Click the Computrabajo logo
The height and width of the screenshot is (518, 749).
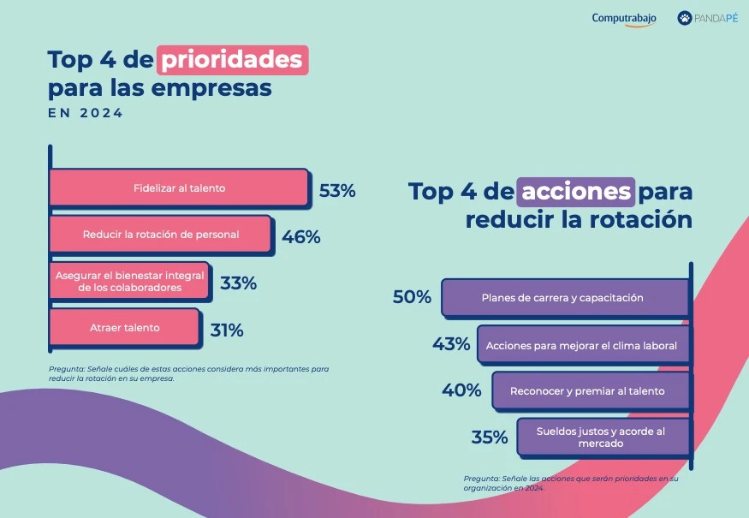pyautogui.click(x=624, y=19)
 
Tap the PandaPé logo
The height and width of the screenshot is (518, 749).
pyautogui.click(x=708, y=18)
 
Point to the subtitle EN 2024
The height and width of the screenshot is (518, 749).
pyautogui.click(x=86, y=113)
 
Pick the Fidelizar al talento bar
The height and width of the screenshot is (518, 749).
pyautogui.click(x=179, y=188)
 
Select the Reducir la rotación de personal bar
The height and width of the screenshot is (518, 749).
pyautogui.click(x=161, y=234)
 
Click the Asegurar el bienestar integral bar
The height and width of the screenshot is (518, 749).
pyautogui.click(x=129, y=282)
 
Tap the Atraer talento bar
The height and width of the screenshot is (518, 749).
pyautogui.click(x=125, y=328)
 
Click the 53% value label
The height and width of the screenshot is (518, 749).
pyautogui.click(x=337, y=191)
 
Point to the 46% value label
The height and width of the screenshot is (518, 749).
pyautogui.click(x=301, y=237)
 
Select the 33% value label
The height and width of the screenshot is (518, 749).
pyautogui.click(x=238, y=283)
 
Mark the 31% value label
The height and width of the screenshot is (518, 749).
pyautogui.click(x=226, y=330)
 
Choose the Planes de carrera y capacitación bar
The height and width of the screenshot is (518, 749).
pyautogui.click(x=564, y=298)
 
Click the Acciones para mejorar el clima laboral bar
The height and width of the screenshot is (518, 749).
pyautogui.click(x=582, y=346)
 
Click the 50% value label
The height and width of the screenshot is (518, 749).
pyautogui.click(x=412, y=297)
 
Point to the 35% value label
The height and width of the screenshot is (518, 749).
pyautogui.click(x=490, y=438)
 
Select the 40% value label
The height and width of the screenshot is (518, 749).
pyautogui.click(x=461, y=390)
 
